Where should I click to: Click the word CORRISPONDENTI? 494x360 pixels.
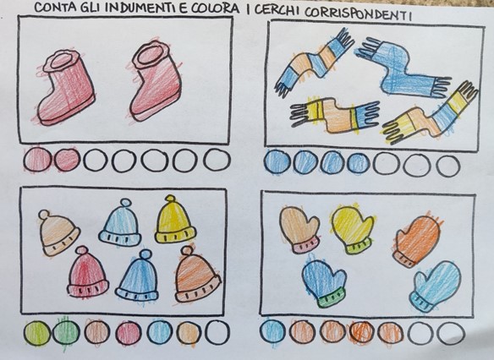pos(358,14)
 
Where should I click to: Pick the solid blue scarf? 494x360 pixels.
pos(403,67)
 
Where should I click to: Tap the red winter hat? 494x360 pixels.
pos(87,272)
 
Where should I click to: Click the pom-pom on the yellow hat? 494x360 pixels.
pos(170,199)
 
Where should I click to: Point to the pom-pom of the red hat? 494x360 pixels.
pos(82,250)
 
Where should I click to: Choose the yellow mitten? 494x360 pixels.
pos(353,228)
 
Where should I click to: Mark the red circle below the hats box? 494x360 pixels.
pos(129,333)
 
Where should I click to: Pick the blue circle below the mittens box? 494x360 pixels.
pos(272,331)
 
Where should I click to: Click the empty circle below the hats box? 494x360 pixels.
pos(217,332)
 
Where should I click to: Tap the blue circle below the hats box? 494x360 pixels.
pos(159,333)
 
